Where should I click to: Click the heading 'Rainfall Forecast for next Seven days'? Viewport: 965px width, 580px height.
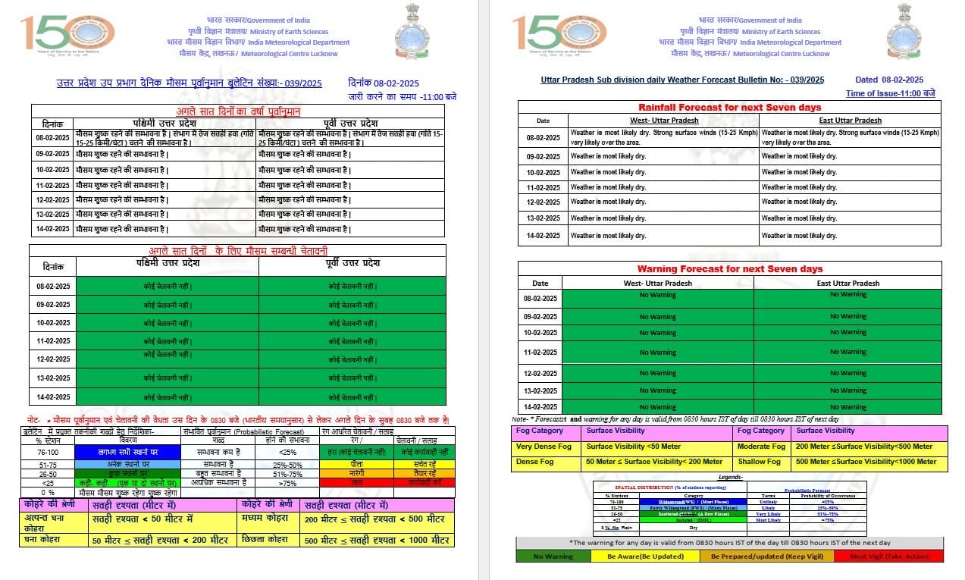[729, 108]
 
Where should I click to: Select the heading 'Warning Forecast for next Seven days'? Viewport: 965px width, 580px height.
[729, 269]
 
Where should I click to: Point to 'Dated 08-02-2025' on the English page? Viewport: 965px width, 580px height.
[889, 80]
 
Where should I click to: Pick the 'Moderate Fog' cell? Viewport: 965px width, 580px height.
[762, 447]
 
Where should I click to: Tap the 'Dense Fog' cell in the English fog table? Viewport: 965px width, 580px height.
[535, 462]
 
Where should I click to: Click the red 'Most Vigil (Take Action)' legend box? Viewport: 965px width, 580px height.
[888, 556]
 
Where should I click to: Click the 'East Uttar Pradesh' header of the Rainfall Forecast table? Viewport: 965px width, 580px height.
[849, 121]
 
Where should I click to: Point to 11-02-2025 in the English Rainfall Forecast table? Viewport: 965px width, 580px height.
[544, 187]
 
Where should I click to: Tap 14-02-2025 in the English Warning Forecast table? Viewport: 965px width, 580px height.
[540, 407]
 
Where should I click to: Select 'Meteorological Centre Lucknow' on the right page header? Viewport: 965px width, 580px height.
[782, 54]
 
